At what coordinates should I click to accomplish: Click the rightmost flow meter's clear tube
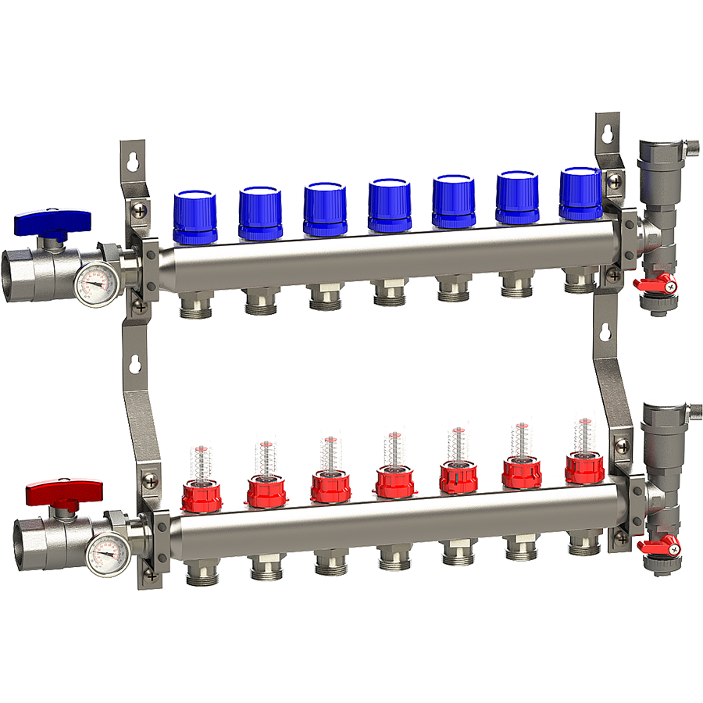[x=583, y=437]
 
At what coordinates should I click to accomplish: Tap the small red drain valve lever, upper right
[x=655, y=283]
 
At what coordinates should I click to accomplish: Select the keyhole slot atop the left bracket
[x=133, y=159]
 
